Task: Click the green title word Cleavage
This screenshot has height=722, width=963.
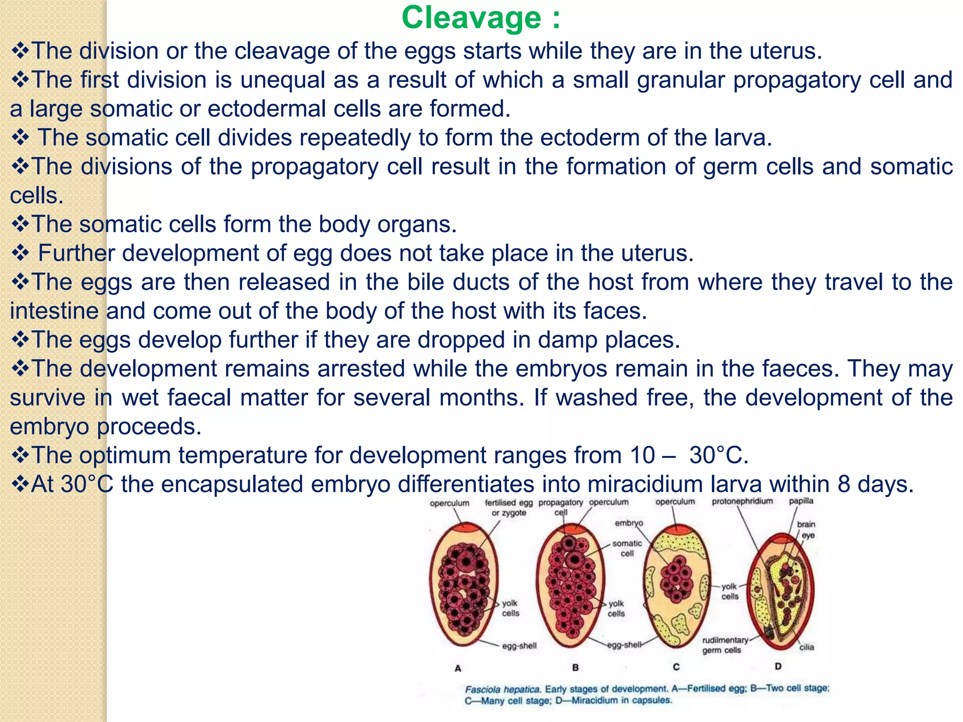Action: point(471,18)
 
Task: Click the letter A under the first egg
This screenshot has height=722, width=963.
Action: point(458,668)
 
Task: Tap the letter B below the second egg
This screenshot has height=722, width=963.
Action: point(575,667)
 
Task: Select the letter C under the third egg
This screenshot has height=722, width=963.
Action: point(676,667)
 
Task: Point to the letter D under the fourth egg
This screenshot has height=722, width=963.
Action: point(778,666)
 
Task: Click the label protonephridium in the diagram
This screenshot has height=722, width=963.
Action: point(742,501)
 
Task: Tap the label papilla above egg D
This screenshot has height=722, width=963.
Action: point(801,501)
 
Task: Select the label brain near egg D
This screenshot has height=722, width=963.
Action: point(806,524)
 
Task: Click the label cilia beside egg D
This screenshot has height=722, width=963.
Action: point(806,647)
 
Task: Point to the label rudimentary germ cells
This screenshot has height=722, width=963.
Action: point(724,645)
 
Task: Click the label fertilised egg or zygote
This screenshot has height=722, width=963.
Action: point(509,507)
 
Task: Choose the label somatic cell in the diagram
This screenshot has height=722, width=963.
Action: point(627,548)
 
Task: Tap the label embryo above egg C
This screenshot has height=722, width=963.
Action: point(629,523)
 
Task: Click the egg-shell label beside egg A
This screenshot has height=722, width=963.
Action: point(519,646)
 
